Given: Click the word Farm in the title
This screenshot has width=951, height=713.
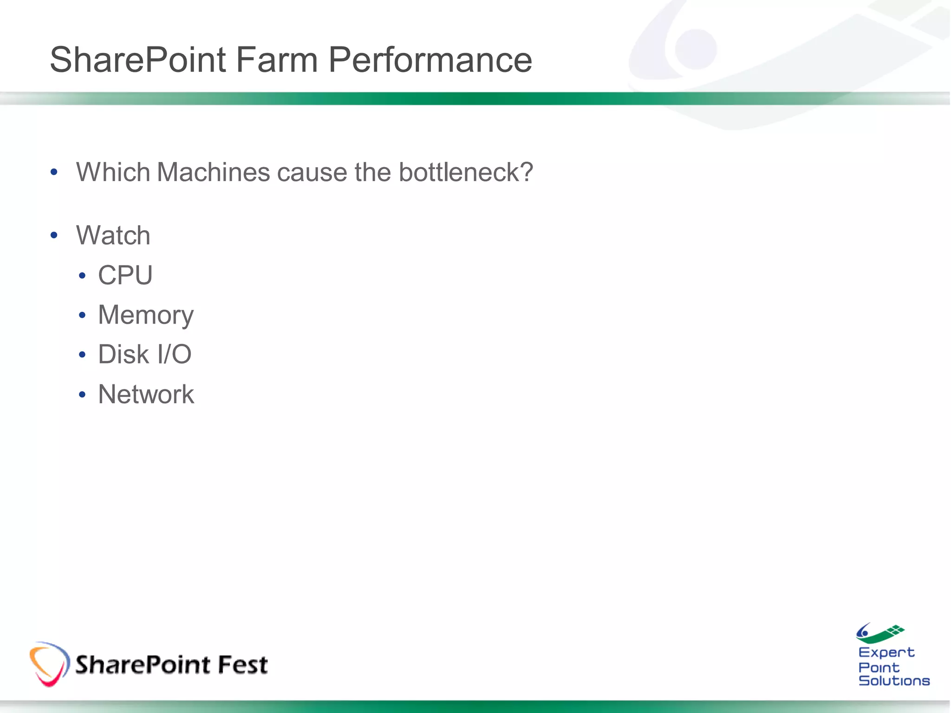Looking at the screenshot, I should pyautogui.click(x=276, y=60).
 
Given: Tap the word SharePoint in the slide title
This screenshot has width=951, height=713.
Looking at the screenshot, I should pyautogui.click(x=138, y=60).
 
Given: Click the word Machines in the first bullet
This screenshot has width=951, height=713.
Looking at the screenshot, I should pyautogui.click(x=213, y=172).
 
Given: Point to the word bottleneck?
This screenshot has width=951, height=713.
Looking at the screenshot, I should pyautogui.click(x=466, y=172).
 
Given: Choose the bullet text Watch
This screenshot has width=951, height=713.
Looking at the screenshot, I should pyautogui.click(x=113, y=235).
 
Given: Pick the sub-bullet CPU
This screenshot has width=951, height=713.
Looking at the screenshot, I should pyautogui.click(x=125, y=275).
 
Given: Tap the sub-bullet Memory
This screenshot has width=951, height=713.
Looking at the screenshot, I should pyautogui.click(x=146, y=315).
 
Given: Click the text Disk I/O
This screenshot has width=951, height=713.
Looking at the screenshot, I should pyautogui.click(x=144, y=355).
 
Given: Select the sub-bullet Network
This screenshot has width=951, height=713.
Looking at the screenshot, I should pyautogui.click(x=146, y=395).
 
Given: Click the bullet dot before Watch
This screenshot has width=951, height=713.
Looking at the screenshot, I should pyautogui.click(x=54, y=235).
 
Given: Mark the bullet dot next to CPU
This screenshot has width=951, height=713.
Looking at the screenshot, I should pyautogui.click(x=82, y=276).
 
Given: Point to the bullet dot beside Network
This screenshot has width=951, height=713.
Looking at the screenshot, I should pyautogui.click(x=82, y=395).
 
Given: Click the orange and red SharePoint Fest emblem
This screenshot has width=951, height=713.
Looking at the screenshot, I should pyautogui.click(x=49, y=664).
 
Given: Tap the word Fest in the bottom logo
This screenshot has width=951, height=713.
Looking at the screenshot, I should pyautogui.click(x=242, y=664).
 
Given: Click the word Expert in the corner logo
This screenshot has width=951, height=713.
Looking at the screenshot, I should pyautogui.click(x=886, y=653).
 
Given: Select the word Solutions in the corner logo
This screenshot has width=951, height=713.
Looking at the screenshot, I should pyautogui.click(x=894, y=681).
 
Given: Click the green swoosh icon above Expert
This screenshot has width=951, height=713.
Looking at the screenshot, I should pyautogui.click(x=879, y=633).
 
